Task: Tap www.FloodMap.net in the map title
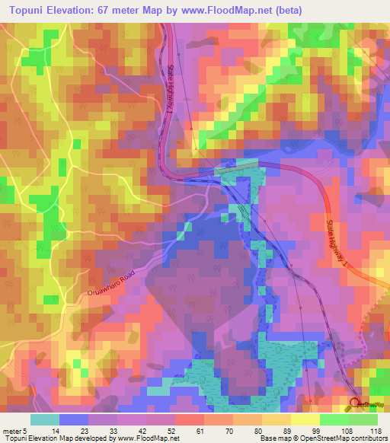tap(234, 11)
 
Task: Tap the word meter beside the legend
tap(14, 430)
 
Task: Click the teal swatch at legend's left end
tap(44, 419)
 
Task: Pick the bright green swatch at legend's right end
tap(363, 419)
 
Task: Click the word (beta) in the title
tap(286, 11)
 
